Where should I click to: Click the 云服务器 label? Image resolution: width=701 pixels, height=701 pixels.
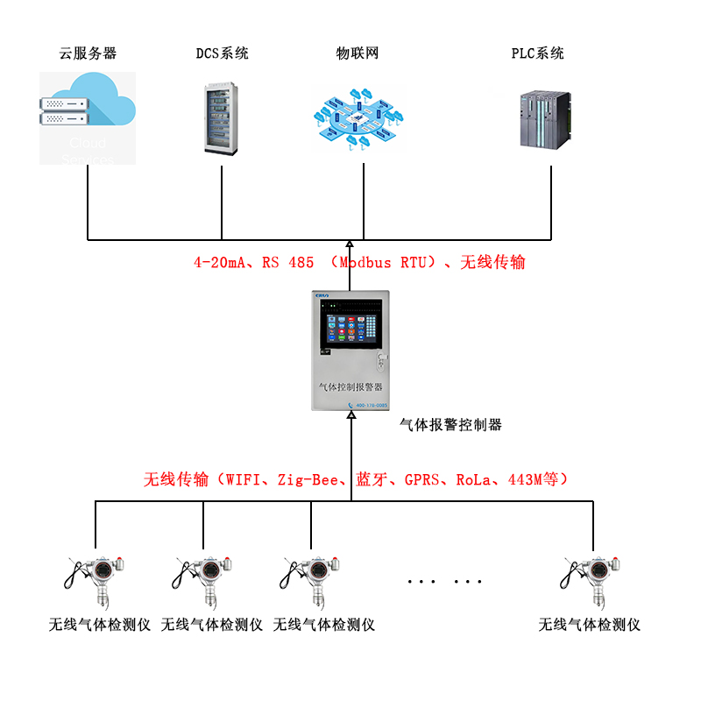(x=88, y=53)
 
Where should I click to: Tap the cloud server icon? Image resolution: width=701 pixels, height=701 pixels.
(x=88, y=117)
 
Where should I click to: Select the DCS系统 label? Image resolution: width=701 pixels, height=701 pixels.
(x=222, y=53)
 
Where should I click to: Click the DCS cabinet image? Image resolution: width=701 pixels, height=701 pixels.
(x=221, y=118)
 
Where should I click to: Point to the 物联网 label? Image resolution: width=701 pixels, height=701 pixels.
(x=358, y=53)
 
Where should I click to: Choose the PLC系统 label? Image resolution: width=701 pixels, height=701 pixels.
(x=538, y=53)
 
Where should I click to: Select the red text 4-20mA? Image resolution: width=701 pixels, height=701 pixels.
(x=217, y=262)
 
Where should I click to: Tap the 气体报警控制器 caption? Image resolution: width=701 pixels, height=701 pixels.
(x=450, y=425)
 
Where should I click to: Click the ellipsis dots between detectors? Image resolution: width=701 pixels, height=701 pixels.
(x=445, y=582)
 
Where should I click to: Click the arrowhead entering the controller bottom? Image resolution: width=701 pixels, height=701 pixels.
(x=351, y=418)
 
